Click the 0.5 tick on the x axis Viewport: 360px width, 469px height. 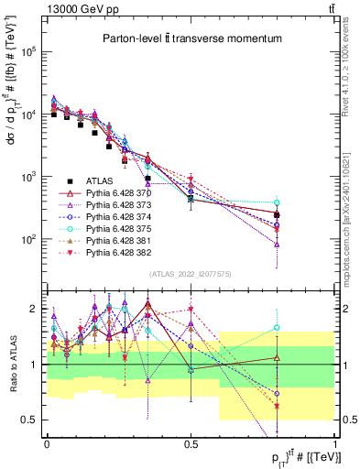click(191, 442)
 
